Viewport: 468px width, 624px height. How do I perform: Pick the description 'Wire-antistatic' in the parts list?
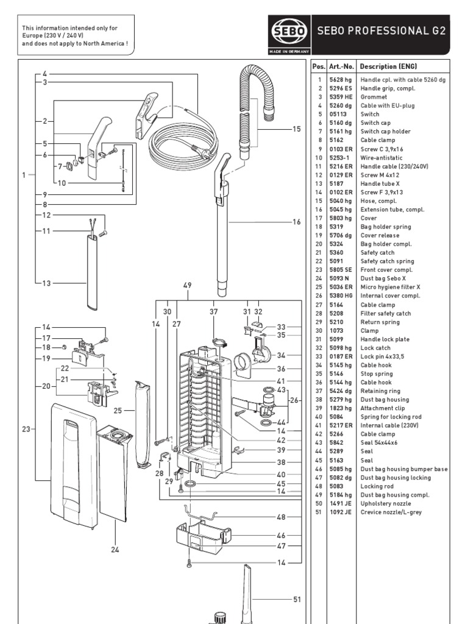tap(381, 158)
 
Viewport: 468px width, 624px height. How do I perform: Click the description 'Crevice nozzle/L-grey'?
tap(390, 512)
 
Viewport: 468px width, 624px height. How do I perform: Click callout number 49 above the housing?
tap(187, 285)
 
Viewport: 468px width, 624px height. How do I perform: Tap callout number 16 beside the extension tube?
tap(297, 222)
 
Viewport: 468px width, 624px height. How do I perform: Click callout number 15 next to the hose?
tap(297, 129)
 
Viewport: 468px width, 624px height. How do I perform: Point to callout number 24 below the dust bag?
tap(115, 550)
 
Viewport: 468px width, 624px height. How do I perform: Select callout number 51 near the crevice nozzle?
tap(297, 600)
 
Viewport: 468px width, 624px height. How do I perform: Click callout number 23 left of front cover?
tap(26, 430)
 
